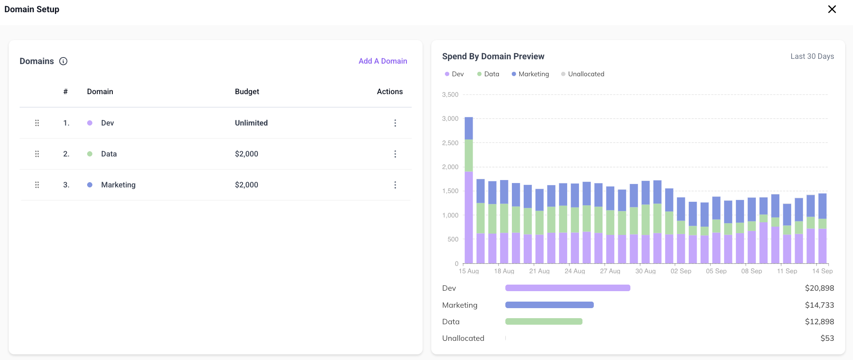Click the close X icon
click(832, 9)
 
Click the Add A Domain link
click(383, 61)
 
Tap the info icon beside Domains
click(63, 61)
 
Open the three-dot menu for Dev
click(395, 123)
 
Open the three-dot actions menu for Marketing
click(395, 185)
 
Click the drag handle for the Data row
click(37, 154)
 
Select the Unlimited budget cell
click(251, 123)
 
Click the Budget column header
click(247, 92)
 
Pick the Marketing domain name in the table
click(118, 185)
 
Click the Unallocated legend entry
click(582, 74)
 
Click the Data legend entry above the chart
click(488, 74)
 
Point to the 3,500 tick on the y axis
click(450, 95)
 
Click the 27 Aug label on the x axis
click(610, 271)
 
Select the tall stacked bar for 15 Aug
click(469, 190)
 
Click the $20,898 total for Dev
click(819, 288)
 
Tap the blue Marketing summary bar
click(549, 305)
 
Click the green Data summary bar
click(544, 322)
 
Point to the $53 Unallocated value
click(827, 338)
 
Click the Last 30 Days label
click(812, 56)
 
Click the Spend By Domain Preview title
click(493, 56)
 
